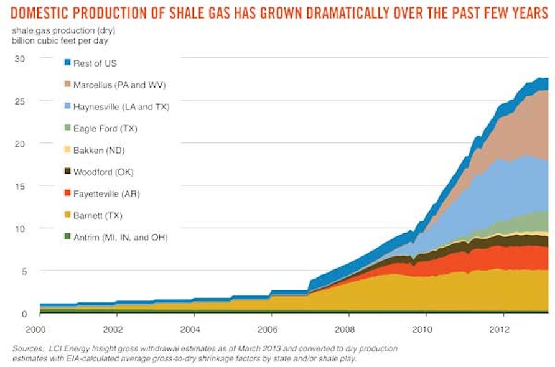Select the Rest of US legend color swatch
coord(67,63)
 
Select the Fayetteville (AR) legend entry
coord(107,194)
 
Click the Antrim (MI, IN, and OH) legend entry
coord(123,238)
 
